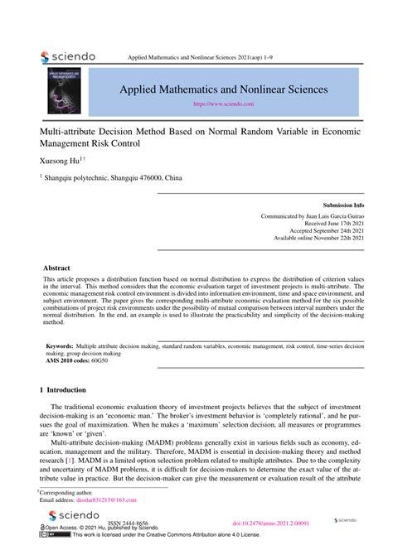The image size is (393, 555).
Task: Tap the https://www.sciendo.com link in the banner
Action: pos(223,105)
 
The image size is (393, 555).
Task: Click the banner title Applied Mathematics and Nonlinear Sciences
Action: pos(222,89)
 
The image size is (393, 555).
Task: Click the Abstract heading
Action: pos(57,268)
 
